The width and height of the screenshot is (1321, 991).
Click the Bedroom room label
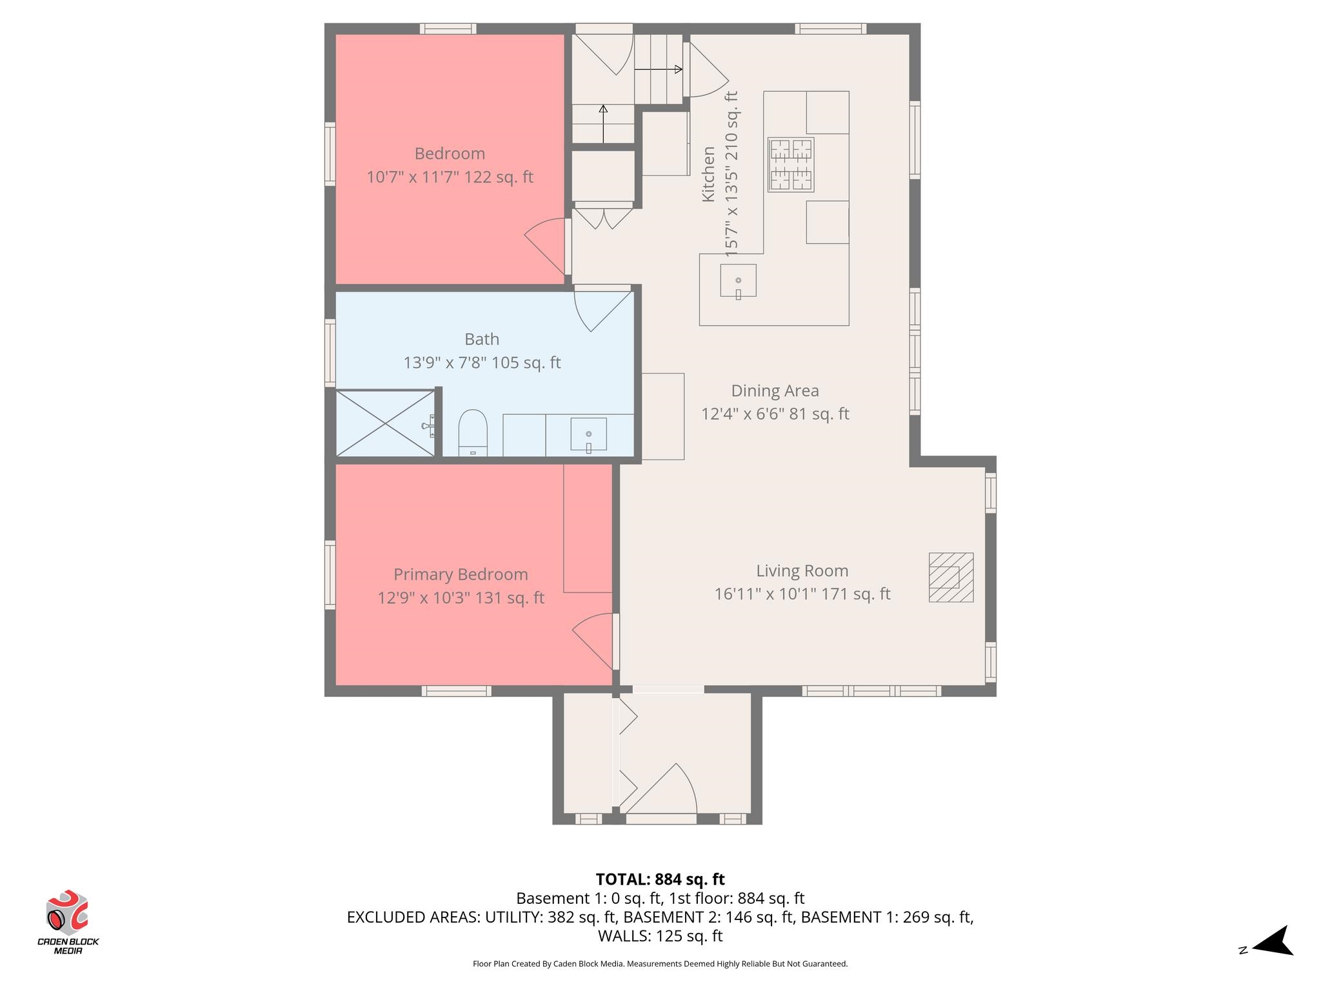coord(450,154)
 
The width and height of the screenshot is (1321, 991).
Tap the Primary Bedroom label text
coord(461,574)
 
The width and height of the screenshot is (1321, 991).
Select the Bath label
coord(482,339)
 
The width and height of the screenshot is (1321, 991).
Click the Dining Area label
coord(775,390)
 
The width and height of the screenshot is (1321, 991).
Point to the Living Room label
coord(802,570)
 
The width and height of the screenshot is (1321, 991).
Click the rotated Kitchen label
coord(708,174)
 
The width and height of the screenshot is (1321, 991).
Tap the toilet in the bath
coord(473,432)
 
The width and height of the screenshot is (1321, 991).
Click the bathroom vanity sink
coord(588,435)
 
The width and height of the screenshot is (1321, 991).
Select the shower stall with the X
coord(386,423)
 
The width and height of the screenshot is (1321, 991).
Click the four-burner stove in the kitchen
coord(790,165)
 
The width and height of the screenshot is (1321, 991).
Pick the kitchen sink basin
coord(738,281)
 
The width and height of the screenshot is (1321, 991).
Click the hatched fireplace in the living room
coord(951,577)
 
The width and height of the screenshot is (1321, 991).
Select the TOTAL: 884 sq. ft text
coord(660,879)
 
